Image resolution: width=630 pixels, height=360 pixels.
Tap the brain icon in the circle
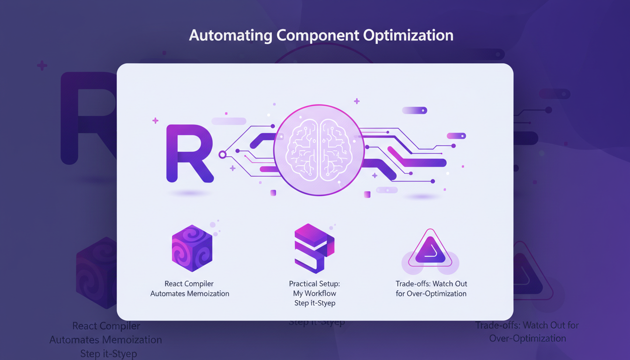pos(319,150)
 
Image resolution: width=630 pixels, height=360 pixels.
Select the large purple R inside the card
pos(188,153)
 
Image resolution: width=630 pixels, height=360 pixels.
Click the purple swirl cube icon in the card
pos(192,248)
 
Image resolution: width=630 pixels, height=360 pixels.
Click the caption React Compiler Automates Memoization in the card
pos(190,289)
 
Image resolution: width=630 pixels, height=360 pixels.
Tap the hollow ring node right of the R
pos(223,154)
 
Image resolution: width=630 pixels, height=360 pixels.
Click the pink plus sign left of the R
pos(155,121)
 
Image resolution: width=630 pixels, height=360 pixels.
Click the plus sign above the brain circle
pos(357,101)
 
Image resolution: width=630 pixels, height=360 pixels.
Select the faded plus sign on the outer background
pos(42,66)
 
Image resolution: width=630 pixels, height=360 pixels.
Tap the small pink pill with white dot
pos(456,136)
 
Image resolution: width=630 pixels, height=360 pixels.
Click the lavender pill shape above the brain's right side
pos(414,111)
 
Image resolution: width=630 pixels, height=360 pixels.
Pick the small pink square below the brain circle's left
pos(273,193)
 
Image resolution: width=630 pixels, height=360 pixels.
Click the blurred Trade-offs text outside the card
pos(527,325)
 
